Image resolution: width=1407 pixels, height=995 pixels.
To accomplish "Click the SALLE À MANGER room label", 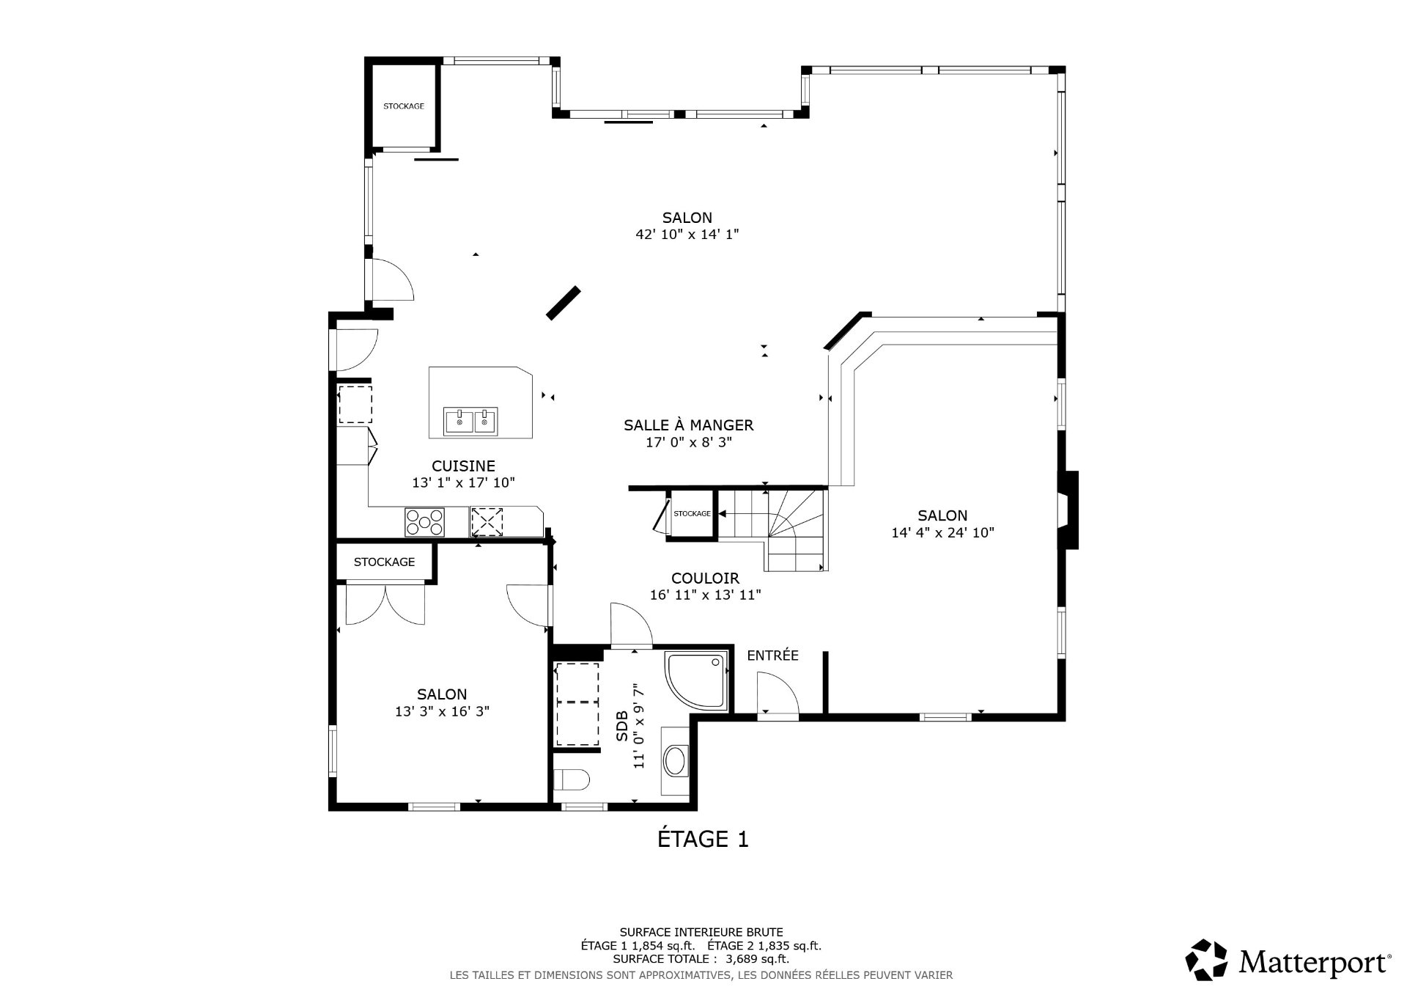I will coord(688,425).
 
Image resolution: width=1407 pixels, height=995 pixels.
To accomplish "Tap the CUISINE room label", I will coord(463,466).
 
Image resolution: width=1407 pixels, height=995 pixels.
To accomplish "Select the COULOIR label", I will coord(705,579).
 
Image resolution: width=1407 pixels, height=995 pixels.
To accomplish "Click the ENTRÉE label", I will coord(772,656).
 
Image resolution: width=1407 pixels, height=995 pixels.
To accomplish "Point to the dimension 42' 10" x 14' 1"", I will coord(687,235).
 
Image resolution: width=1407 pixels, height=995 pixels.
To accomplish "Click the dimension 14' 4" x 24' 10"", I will coord(942,533).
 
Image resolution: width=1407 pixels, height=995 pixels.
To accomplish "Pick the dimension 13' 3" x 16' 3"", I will coord(442,711).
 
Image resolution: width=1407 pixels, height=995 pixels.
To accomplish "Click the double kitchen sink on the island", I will coord(470,422).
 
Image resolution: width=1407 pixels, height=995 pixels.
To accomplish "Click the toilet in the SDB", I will coord(572,779).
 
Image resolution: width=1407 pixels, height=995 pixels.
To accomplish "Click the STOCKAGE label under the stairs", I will coord(692,513).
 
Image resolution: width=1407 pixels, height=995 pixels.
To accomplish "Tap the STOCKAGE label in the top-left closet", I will coord(404,106).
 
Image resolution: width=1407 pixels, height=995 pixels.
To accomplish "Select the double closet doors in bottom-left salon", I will coord(385,603).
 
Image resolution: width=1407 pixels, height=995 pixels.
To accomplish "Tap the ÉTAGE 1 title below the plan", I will coord(703,839).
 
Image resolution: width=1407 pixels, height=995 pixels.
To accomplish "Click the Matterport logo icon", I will coord(1206,959).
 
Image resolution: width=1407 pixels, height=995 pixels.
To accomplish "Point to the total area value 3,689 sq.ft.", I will coord(757,958).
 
